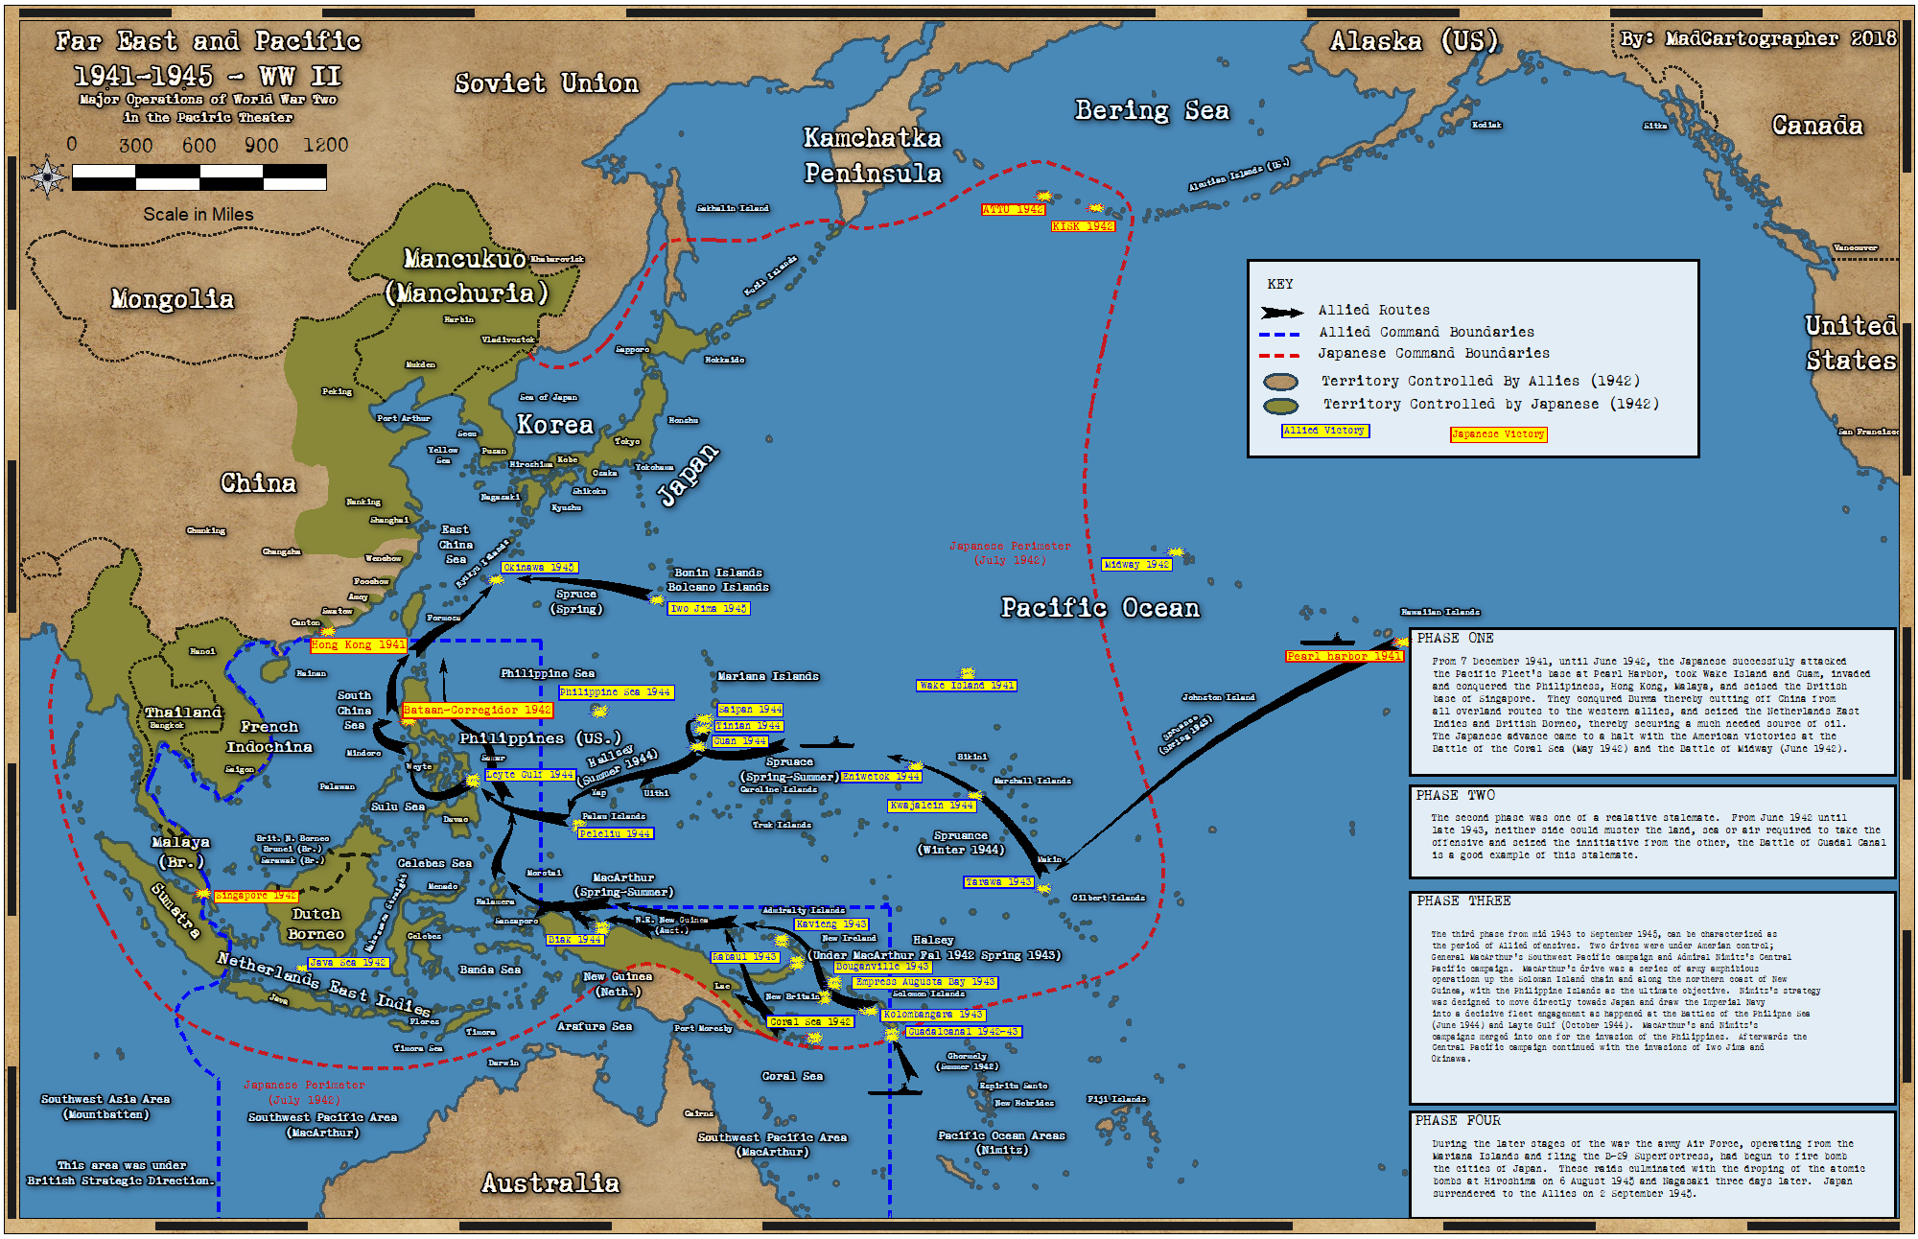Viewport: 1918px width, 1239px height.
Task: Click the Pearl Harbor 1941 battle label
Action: [x=1344, y=656]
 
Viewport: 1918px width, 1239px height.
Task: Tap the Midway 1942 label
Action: [x=1136, y=565]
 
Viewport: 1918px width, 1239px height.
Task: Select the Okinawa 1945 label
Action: [x=539, y=568]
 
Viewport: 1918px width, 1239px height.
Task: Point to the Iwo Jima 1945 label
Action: [x=708, y=608]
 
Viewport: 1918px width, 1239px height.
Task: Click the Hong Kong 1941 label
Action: [x=358, y=645]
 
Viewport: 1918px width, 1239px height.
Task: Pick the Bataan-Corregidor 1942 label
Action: [x=477, y=711]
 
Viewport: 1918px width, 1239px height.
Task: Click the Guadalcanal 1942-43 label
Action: [x=963, y=1032]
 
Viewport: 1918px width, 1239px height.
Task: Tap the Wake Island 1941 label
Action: [x=966, y=686]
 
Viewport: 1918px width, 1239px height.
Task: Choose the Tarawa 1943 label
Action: [x=998, y=882]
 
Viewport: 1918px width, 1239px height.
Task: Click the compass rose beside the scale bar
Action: [x=47, y=177]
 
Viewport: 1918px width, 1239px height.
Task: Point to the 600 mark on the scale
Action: [x=199, y=146]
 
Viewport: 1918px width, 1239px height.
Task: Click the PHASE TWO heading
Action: [x=1455, y=795]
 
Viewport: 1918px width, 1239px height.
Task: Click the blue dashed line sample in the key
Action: [x=1279, y=334]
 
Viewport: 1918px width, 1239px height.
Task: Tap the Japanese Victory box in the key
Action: [x=1497, y=434]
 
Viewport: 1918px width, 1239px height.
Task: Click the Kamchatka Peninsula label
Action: [x=872, y=155]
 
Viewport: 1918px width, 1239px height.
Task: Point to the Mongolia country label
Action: [x=173, y=299]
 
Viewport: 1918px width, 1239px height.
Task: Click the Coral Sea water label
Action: [x=792, y=1076]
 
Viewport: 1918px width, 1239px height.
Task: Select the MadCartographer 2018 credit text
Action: [x=1758, y=39]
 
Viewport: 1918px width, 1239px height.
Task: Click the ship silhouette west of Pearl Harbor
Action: [x=1327, y=640]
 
